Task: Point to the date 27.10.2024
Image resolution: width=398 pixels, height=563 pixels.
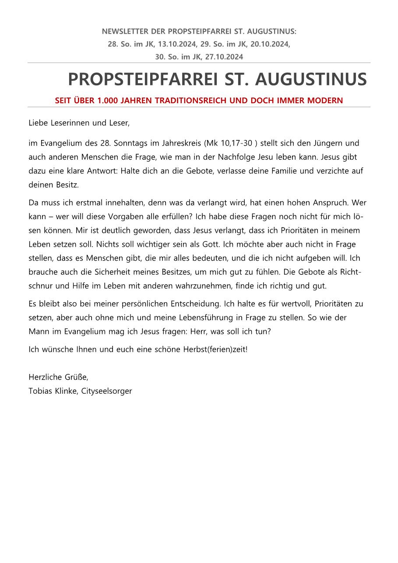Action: pos(224,57)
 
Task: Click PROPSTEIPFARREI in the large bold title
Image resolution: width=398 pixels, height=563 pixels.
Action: pos(143,79)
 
